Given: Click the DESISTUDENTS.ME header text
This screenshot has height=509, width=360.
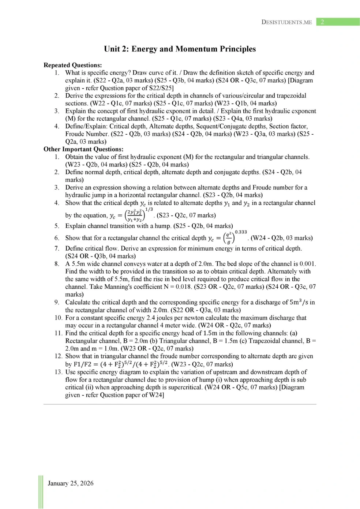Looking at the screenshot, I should click(286, 22).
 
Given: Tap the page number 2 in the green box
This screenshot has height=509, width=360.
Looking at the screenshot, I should click(322, 22).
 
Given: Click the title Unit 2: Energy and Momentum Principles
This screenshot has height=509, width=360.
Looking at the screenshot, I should click(180, 49).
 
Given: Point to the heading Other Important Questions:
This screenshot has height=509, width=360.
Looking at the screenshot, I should click(83, 149).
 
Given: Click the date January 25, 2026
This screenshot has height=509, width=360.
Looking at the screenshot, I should click(70, 483).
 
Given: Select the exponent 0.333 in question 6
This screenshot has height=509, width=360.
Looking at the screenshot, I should click(241, 232).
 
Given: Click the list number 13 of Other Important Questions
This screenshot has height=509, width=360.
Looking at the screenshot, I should click(58, 372).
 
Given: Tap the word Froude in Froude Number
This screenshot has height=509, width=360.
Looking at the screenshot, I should click(75, 134).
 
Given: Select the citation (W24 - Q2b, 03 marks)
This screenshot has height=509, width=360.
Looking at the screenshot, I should click(281, 238).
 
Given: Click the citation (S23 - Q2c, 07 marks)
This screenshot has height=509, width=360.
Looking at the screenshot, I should click(186, 216).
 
